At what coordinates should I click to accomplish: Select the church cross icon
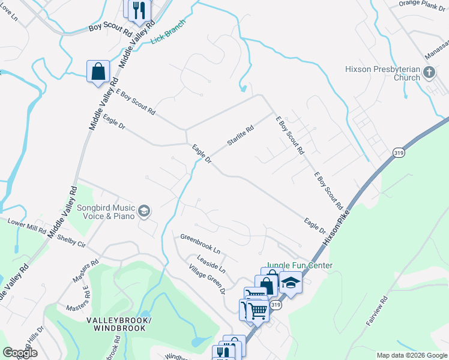(x=429, y=73)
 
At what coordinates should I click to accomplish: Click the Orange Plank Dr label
(x=424, y=4)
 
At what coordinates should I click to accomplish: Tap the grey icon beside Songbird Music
(x=143, y=211)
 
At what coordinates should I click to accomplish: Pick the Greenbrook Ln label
(x=200, y=244)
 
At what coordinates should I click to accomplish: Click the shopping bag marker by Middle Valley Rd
(x=98, y=72)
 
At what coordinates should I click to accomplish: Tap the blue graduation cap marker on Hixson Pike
(x=291, y=283)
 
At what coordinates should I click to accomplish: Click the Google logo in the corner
(x=19, y=353)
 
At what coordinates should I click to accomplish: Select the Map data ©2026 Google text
(x=411, y=355)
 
